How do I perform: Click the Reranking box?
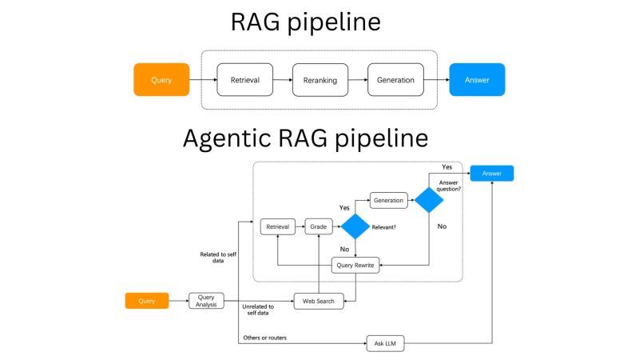pos(320,80)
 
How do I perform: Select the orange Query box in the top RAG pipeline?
pos(161,80)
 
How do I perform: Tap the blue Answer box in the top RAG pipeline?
pos(477,80)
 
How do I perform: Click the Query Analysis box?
pos(206,301)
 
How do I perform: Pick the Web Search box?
pos(319,301)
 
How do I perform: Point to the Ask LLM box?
pos(385,344)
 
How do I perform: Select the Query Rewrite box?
pos(355,265)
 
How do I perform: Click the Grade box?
pos(318,226)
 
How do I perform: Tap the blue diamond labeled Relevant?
pos(355,226)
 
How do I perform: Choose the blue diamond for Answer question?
pos(429,199)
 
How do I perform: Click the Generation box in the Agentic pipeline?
pos(388,199)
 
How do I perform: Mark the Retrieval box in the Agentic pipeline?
pos(278,226)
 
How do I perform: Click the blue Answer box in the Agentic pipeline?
pos(491,173)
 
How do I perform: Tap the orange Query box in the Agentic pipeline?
pos(147,301)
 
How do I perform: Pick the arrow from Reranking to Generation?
pos(359,80)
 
